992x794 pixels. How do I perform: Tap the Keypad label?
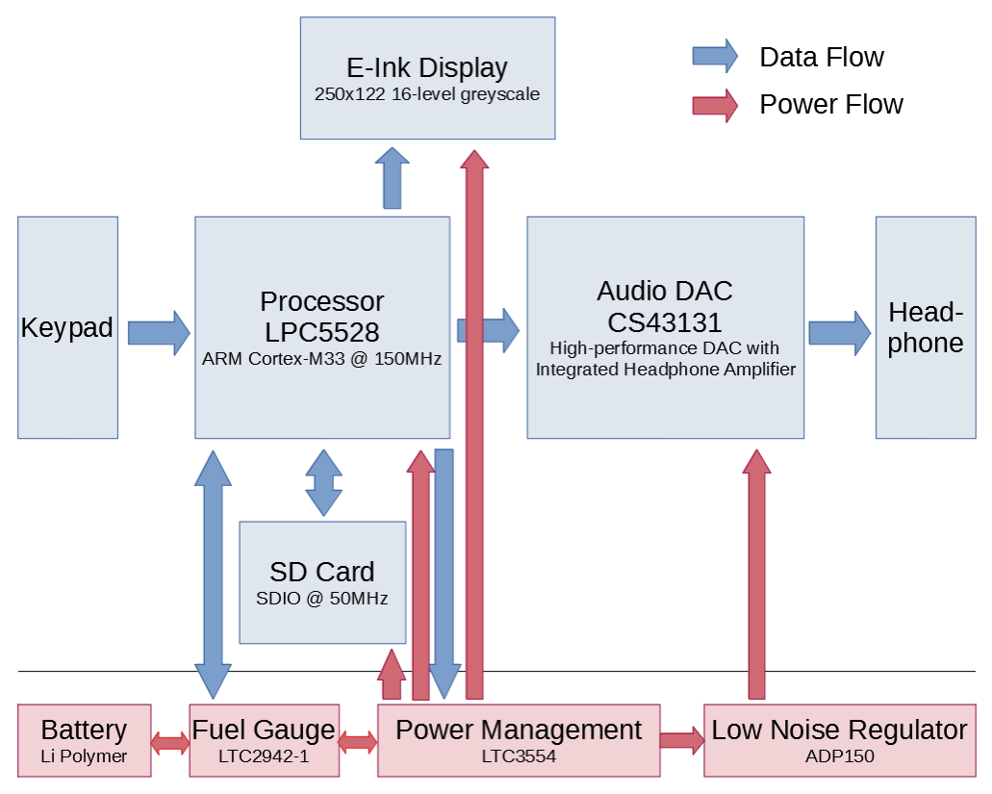point(66,327)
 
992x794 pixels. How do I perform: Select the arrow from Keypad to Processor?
point(159,332)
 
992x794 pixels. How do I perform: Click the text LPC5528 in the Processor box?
point(321,332)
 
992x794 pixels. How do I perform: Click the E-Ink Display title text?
point(426,68)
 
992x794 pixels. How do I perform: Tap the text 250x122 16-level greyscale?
point(426,94)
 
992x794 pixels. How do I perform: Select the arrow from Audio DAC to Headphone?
point(839,332)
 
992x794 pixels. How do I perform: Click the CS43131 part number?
point(665,320)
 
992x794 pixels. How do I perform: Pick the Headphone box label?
point(925,327)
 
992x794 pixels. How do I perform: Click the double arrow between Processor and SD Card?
point(323,482)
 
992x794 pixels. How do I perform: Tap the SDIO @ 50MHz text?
point(321,598)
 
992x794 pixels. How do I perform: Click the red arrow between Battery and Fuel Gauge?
point(171,742)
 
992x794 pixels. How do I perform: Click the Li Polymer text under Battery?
point(84,756)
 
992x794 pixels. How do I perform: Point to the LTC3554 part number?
point(518,756)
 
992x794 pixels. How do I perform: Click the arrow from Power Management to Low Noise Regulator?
point(681,740)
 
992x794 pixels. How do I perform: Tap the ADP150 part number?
point(839,756)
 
